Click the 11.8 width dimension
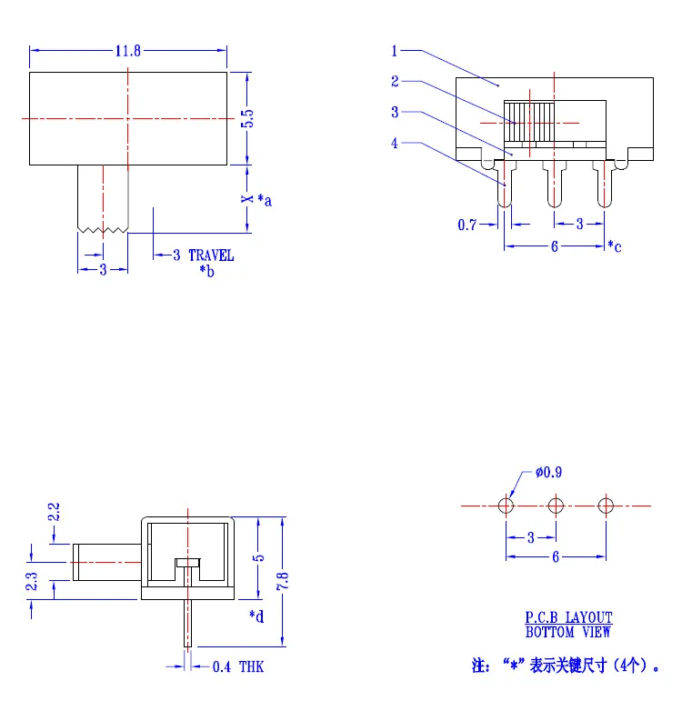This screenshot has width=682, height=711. tap(128, 51)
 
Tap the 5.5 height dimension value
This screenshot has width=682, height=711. tap(247, 119)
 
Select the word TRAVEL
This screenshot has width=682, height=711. tap(211, 255)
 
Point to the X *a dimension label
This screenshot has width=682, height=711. tap(256, 199)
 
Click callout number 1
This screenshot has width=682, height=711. tap(394, 51)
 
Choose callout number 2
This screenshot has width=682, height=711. tap(395, 82)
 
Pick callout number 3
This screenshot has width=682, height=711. tap(395, 112)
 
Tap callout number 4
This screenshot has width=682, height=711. tap(395, 144)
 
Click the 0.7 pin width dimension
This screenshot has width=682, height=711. tap(467, 225)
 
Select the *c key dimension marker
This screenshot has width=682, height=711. tap(615, 246)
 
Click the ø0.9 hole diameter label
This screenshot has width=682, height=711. tap(548, 473)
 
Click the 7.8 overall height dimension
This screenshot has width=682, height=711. tap(283, 581)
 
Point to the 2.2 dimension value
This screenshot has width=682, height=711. tap(54, 512)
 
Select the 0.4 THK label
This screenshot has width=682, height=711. tap(238, 667)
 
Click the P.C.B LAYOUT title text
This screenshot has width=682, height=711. tap(568, 617)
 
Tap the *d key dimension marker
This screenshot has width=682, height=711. tap(256, 616)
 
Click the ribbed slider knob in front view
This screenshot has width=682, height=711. tap(529, 121)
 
